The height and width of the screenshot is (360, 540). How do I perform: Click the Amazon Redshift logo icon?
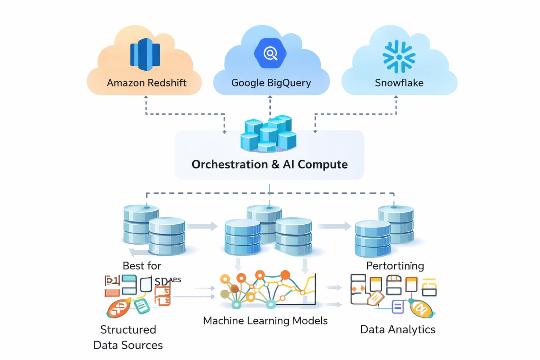[145, 54]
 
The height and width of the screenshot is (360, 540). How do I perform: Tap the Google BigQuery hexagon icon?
[270, 53]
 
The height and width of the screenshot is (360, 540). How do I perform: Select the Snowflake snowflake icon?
[399, 57]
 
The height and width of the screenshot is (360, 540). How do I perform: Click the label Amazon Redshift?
[147, 83]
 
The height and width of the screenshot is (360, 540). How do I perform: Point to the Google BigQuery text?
[271, 83]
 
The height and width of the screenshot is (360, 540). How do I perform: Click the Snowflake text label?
[399, 83]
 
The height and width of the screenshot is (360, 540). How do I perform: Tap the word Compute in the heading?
[323, 165]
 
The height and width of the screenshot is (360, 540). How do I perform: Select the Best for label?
[142, 266]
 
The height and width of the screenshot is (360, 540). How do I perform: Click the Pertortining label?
[395, 266]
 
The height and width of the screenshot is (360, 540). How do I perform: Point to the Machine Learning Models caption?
[265, 321]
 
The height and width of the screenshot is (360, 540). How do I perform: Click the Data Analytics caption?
[398, 329]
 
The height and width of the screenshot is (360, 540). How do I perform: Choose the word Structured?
[128, 329]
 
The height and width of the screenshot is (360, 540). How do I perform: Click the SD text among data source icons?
[161, 282]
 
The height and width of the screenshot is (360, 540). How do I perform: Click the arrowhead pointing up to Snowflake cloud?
[396, 97]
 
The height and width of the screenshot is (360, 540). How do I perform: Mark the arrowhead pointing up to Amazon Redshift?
[146, 97]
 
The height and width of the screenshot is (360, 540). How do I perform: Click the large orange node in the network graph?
[285, 275]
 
